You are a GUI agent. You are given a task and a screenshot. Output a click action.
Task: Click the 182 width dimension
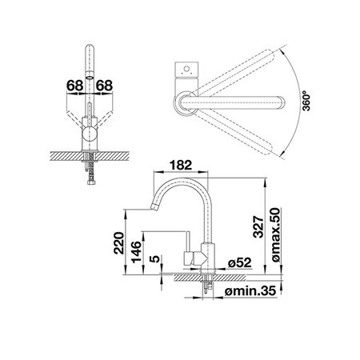coord(181,166)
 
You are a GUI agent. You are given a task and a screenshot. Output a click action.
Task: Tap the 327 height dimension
coord(258,226)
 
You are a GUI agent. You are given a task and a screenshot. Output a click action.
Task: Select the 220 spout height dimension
coord(119,243)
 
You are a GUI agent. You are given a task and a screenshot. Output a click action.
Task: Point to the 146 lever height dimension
coord(136,252)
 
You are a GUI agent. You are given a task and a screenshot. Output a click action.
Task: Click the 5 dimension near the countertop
coord(155,258)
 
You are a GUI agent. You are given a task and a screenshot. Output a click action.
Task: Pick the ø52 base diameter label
coord(240,263)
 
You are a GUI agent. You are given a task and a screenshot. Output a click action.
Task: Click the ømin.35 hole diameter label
coord(250,291)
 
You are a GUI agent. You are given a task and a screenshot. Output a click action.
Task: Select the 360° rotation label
coord(306,101)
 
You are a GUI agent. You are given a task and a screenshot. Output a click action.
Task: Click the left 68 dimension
coord(74,86)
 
